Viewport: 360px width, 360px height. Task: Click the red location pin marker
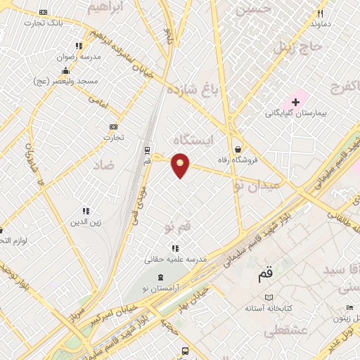point(181,165)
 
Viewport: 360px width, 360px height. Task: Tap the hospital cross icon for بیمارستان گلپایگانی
point(296,102)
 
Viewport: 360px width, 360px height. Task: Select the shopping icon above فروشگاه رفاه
point(239,149)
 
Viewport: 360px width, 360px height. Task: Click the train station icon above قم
point(147,150)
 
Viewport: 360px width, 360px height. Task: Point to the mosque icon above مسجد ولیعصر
point(65,70)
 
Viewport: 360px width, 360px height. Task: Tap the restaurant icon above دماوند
point(320,13)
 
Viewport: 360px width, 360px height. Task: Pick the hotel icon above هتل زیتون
point(349,307)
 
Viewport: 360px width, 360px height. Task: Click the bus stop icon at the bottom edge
point(185,351)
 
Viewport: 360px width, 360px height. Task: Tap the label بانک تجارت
point(44,23)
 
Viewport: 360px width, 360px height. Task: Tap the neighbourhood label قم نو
point(177,226)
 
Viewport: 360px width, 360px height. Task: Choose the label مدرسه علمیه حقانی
point(176,259)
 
